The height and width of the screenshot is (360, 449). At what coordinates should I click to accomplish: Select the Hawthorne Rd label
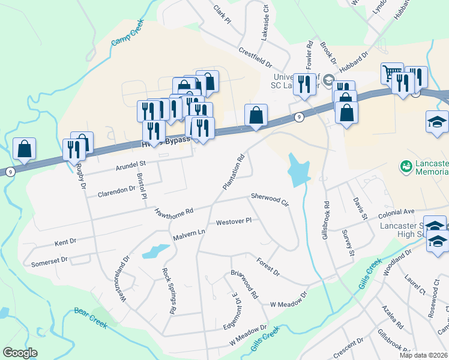174,212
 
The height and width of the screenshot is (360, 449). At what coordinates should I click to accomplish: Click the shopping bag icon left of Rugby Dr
25,149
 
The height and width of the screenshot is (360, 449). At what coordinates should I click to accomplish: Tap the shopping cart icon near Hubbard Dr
391,73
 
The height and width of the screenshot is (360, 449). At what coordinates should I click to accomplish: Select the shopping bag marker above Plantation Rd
256,115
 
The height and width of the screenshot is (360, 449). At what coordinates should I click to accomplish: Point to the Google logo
20,353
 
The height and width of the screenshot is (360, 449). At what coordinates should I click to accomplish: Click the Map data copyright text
424,355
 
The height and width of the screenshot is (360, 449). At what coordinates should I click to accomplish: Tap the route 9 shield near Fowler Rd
298,118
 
